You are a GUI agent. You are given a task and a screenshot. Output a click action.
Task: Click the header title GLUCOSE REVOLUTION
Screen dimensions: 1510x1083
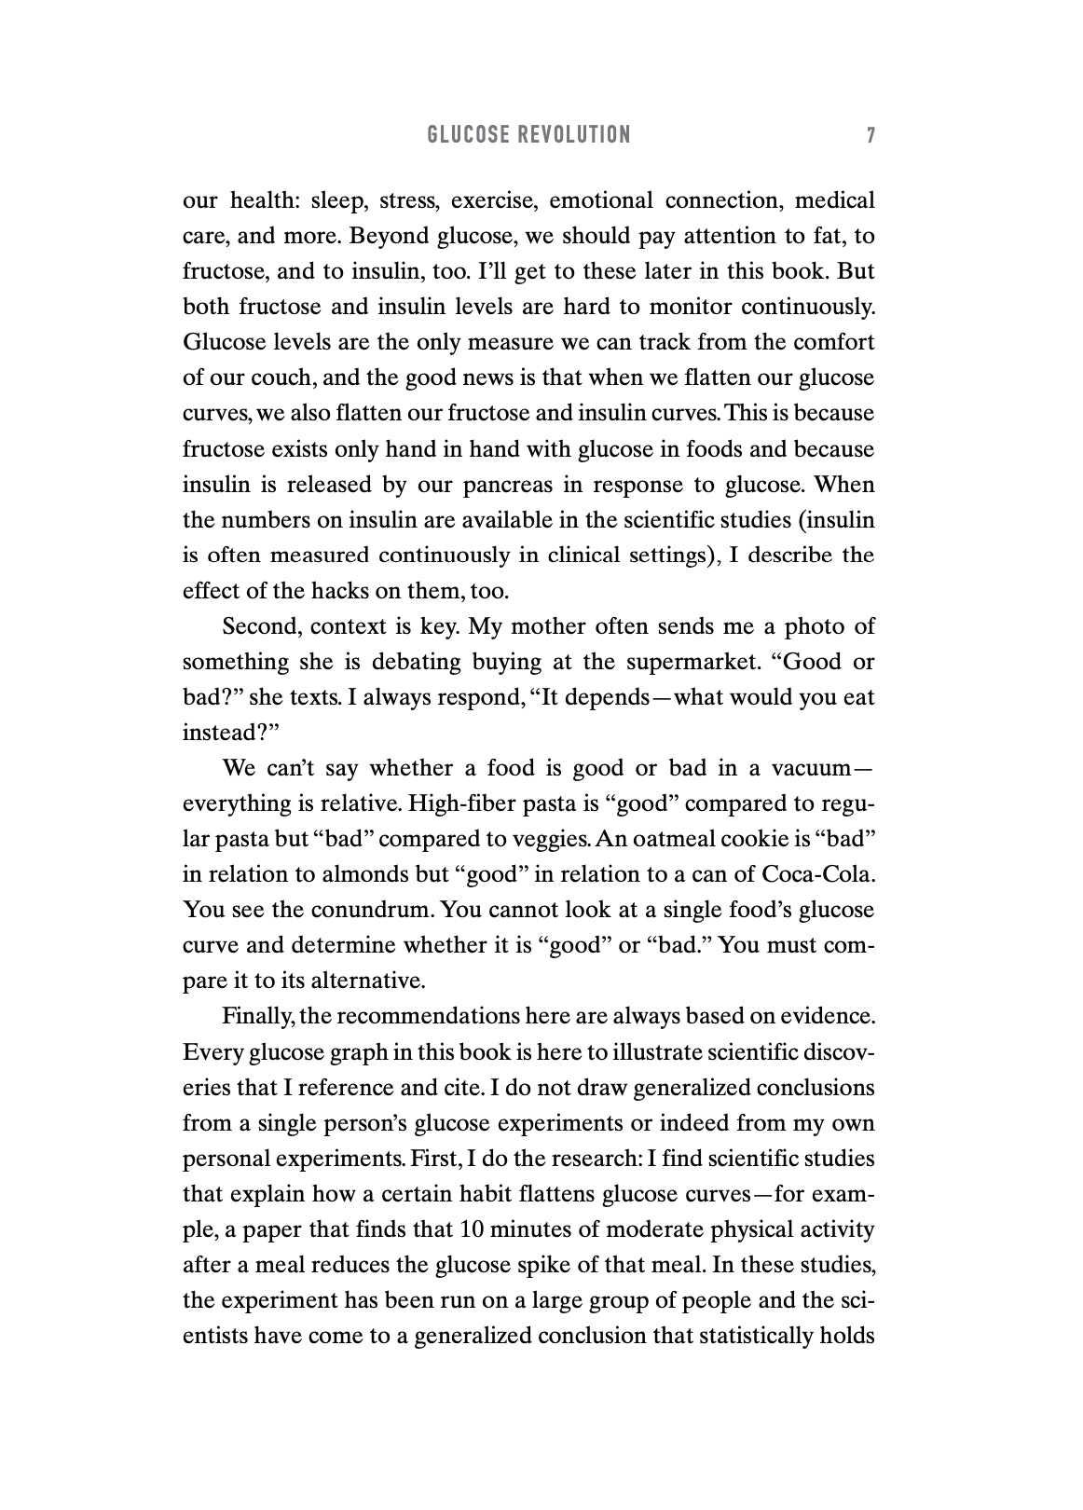tap(528, 135)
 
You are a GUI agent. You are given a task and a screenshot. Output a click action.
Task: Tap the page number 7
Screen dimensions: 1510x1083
tap(870, 135)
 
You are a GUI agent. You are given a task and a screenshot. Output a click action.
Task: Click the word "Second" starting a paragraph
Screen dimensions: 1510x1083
tap(260, 626)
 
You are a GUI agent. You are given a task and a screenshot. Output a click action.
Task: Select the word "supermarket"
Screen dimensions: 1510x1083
tap(685, 662)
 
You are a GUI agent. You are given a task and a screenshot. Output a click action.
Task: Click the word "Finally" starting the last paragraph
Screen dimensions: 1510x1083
tap(257, 1016)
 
